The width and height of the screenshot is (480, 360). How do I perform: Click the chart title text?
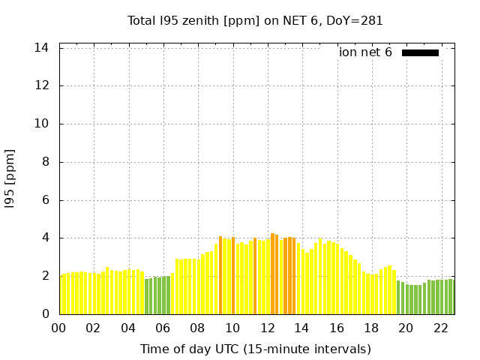[x=255, y=21]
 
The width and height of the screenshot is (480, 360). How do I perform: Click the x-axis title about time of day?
[x=255, y=349]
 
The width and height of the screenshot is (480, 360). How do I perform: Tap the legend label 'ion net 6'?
[x=365, y=52]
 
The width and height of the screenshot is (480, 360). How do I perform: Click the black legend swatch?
[x=420, y=52]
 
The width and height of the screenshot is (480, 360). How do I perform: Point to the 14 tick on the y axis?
[x=43, y=48]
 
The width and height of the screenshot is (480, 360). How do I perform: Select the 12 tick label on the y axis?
[x=43, y=85]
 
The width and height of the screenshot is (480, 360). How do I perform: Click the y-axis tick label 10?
[x=43, y=124]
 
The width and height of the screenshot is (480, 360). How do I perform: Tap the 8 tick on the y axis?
[x=46, y=162]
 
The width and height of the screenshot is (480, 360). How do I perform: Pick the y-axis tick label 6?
[x=46, y=200]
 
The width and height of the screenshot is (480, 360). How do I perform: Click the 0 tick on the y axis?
[x=46, y=314]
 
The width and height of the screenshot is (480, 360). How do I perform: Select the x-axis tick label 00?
[x=58, y=328]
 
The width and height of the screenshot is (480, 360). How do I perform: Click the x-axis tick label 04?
[x=128, y=328]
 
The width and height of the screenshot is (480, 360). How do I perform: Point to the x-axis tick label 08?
[x=197, y=328]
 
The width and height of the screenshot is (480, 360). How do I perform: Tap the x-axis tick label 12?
[x=267, y=328]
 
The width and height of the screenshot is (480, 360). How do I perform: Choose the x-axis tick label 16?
[x=336, y=328]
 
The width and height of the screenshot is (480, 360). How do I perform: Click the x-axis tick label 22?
[x=440, y=328]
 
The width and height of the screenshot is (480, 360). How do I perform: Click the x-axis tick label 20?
[x=406, y=328]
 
